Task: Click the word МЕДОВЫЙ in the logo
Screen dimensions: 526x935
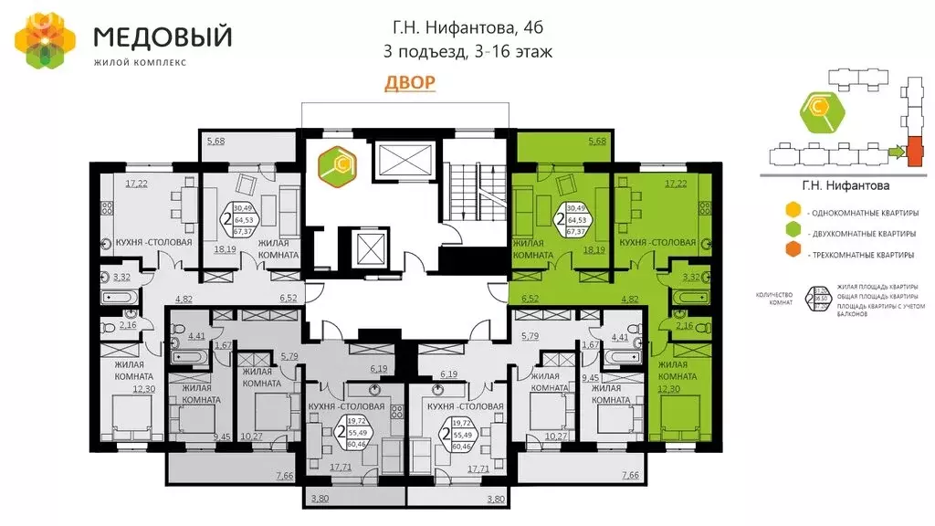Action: (x=163, y=37)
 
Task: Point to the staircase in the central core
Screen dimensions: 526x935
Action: (x=476, y=195)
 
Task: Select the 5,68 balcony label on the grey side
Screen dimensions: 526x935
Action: (x=215, y=141)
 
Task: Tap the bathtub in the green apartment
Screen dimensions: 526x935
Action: (x=686, y=297)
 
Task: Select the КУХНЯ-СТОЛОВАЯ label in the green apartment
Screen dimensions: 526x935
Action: (x=657, y=243)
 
